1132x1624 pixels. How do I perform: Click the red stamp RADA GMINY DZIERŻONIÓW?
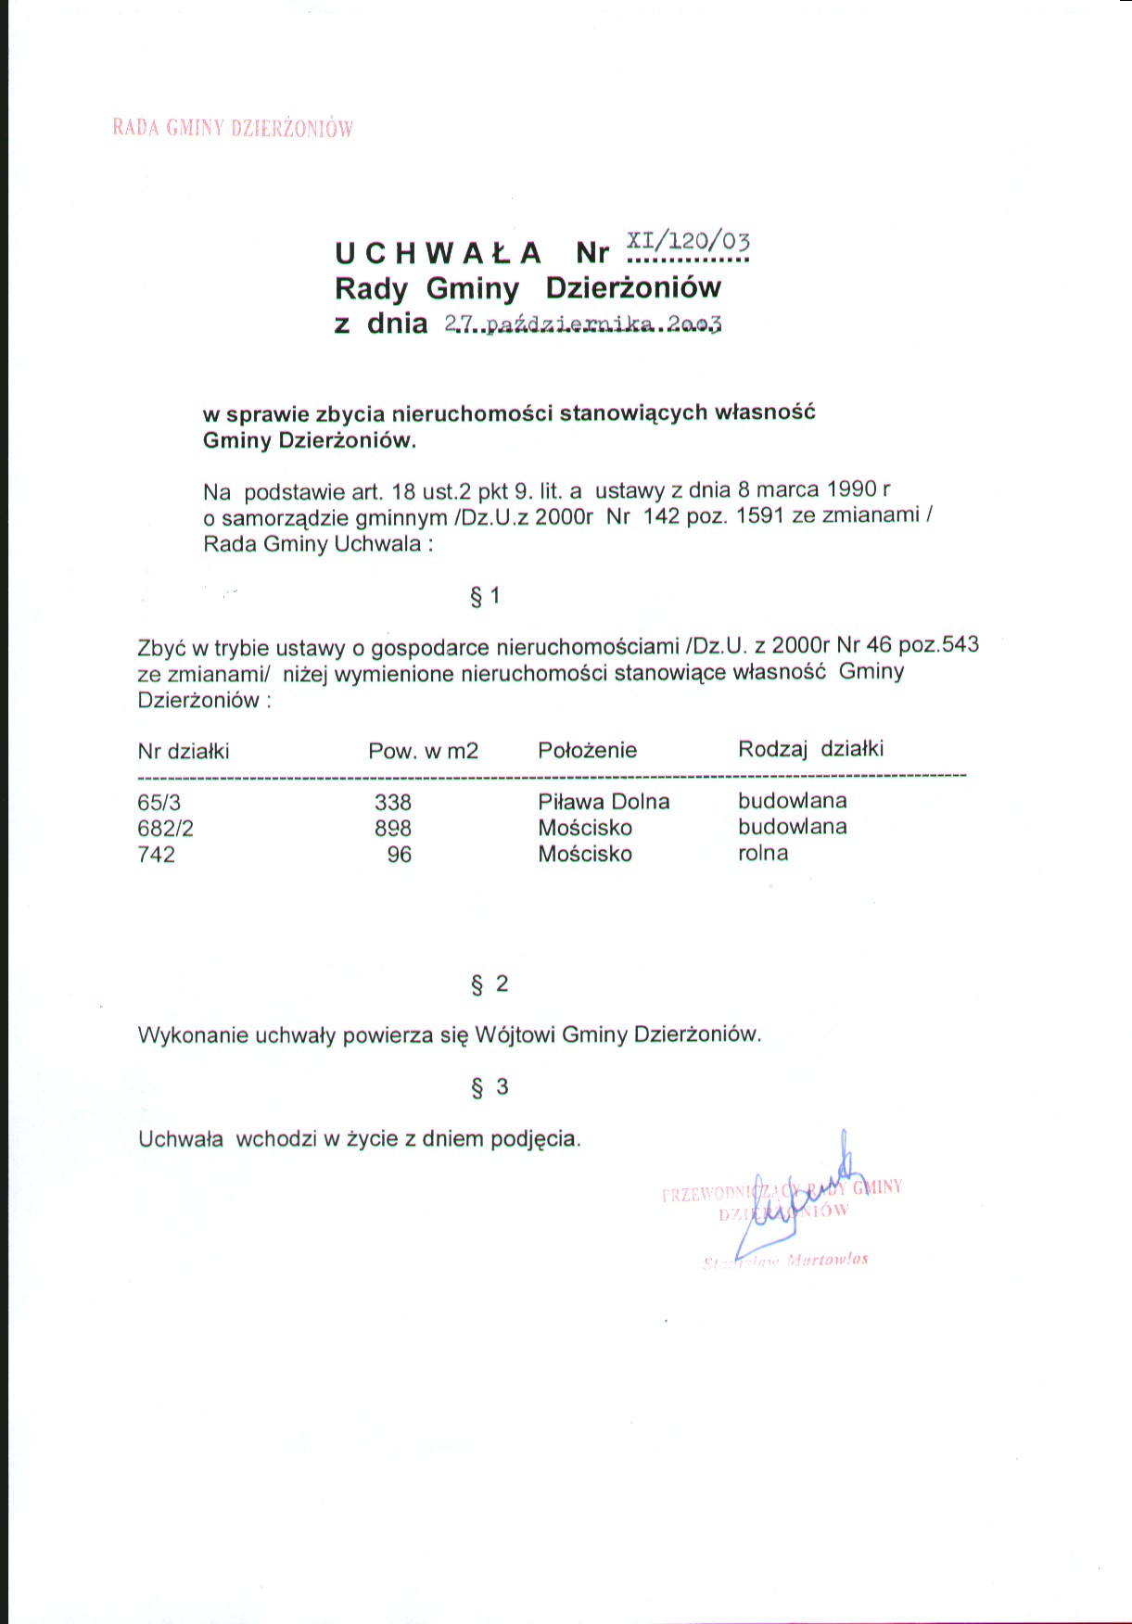[x=233, y=128]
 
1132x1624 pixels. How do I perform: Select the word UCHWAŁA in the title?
[x=438, y=253]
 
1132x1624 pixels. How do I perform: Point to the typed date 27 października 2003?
[x=583, y=324]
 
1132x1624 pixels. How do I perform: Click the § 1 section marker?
[x=485, y=596]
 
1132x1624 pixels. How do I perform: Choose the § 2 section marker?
[x=490, y=984]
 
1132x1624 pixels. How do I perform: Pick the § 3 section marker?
[x=490, y=1087]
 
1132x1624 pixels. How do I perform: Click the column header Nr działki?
[x=184, y=751]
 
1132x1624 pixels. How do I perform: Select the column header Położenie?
[x=587, y=750]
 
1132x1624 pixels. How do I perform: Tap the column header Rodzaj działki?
[x=810, y=749]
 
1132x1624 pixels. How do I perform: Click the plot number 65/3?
[x=159, y=803]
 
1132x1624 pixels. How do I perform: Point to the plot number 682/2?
[x=165, y=829]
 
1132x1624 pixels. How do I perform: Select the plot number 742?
[x=156, y=855]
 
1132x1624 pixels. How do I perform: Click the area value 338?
[x=393, y=803]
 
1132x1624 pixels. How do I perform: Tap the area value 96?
[x=400, y=855]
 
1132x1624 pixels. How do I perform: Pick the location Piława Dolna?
[x=604, y=802]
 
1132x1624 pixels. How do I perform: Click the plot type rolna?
[x=763, y=854]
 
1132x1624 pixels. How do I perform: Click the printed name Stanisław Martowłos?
[x=786, y=1261]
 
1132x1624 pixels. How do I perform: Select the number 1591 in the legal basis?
[x=760, y=515]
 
